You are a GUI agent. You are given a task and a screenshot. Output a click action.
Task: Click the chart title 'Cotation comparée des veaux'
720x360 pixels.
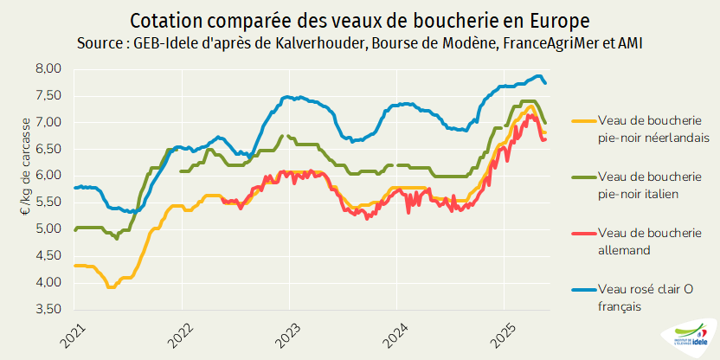359,19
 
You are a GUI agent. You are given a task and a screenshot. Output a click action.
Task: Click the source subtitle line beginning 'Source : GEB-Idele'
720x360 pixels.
359,42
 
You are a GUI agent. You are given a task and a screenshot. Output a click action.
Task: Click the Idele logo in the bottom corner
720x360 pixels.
688,336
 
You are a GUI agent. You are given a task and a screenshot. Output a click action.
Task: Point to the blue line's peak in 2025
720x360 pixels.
538,75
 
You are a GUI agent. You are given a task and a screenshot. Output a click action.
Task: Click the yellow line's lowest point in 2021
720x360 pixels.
111,286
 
